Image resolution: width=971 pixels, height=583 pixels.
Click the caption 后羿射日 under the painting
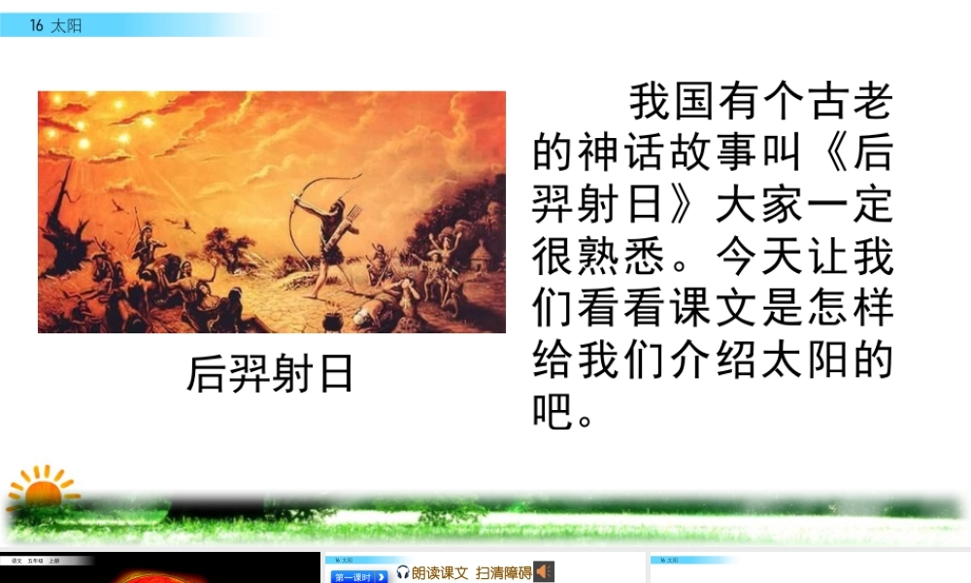coord(270,374)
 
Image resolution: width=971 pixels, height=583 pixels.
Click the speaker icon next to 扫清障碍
coord(544,572)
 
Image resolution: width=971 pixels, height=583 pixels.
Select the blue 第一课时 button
coord(359,576)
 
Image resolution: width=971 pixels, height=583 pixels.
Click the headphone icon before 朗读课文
coord(403,573)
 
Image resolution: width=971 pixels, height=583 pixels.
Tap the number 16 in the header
coord(37,26)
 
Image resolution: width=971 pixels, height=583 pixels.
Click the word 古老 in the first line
coord(855,101)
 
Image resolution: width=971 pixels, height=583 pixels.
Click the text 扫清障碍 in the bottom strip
coord(503,573)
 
